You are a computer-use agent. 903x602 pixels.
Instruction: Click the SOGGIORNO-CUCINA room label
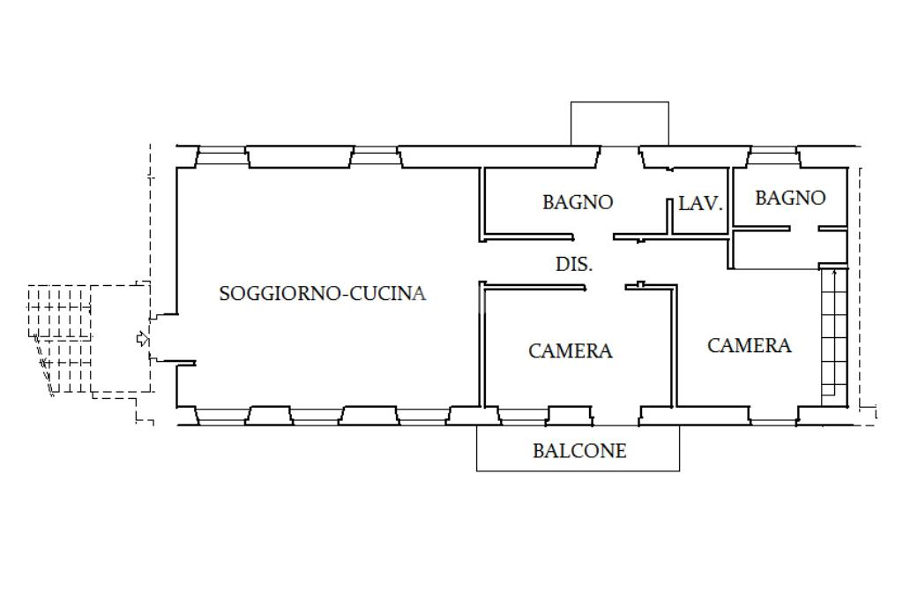point(322,294)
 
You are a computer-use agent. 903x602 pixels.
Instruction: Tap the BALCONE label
point(579,451)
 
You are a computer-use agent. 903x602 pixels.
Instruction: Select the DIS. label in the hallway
point(573,264)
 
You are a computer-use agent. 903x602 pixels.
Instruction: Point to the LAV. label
point(700,204)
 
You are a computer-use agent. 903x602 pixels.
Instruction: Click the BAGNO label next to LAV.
point(578,202)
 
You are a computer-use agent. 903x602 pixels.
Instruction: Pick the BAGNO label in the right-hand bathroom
point(790,198)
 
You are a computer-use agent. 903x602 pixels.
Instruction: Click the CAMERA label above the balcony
point(571,351)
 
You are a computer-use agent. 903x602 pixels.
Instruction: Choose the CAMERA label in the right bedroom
point(750,346)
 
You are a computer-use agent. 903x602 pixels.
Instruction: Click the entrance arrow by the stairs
point(141,339)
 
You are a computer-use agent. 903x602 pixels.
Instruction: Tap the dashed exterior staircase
point(62,340)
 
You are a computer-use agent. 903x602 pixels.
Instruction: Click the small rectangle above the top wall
point(619,124)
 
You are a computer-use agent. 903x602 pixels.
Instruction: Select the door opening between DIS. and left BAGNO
point(595,237)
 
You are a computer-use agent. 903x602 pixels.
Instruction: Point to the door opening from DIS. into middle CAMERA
point(606,286)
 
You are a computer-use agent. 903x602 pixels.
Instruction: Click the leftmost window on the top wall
point(220,156)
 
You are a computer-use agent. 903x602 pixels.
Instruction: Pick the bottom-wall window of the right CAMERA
point(773,415)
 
